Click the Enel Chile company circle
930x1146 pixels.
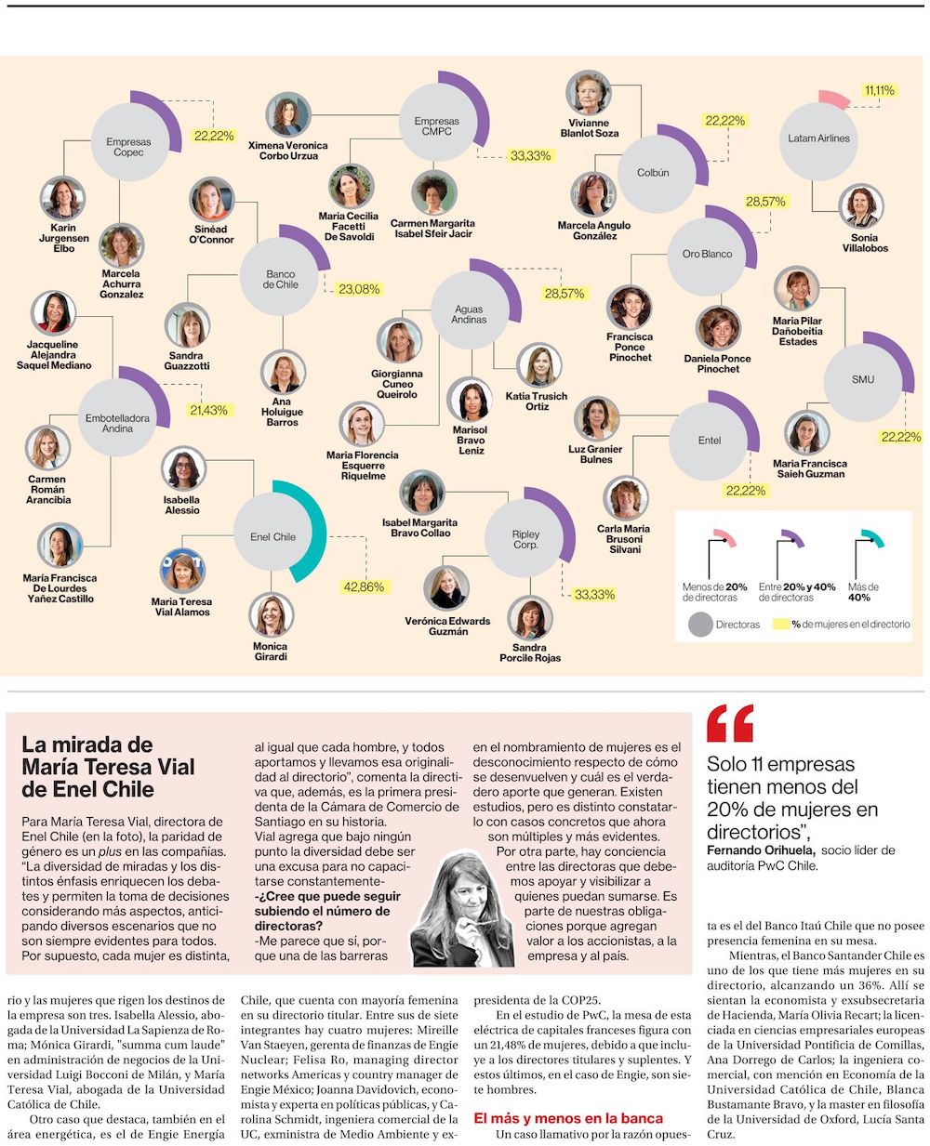[272, 536]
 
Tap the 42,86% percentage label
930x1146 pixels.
[364, 586]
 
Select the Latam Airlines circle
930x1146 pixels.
[818, 138]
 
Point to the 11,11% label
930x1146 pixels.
[879, 90]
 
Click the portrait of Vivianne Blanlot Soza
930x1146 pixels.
[588, 93]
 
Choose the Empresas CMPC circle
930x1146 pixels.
[436, 126]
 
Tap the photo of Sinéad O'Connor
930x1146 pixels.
[211, 200]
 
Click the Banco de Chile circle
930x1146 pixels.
[280, 279]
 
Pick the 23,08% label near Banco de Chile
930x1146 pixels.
[359, 289]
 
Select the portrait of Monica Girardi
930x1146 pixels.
[271, 615]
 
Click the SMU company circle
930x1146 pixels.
[862, 379]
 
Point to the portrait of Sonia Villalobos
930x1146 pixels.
[862, 207]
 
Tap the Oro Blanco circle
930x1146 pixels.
[707, 254]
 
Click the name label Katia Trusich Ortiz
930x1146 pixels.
[537, 402]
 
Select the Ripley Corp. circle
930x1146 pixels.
[525, 539]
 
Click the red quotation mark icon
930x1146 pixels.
[730, 724]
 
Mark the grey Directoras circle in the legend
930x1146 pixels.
[699, 625]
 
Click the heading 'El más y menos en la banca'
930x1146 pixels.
[568, 1118]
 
